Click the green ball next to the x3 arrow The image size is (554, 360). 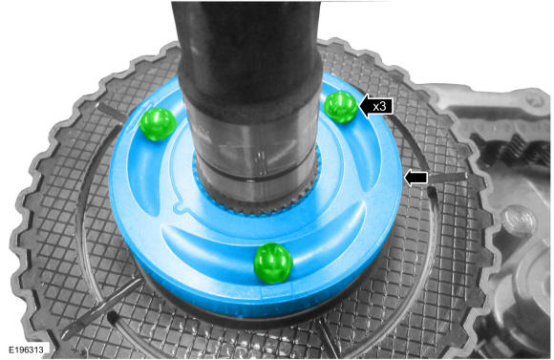tap(341, 107)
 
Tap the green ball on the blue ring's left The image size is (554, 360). tap(158, 124)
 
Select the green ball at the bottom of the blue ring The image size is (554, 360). tap(273, 263)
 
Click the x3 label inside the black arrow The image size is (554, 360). tap(379, 106)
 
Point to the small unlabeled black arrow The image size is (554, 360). tap(415, 178)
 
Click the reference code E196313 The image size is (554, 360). tap(27, 349)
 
